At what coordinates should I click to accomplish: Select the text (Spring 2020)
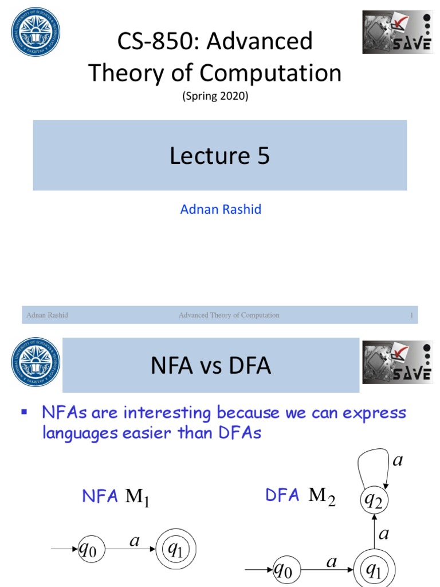tap(215, 97)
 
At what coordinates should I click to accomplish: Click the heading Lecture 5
tap(219, 155)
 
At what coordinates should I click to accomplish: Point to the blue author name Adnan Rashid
tap(221, 209)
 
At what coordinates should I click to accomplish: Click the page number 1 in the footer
tap(411, 315)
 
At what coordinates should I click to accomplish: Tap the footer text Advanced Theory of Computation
tap(229, 315)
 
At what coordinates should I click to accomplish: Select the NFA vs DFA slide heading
tap(210, 366)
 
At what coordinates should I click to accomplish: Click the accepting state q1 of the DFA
tap(374, 570)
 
